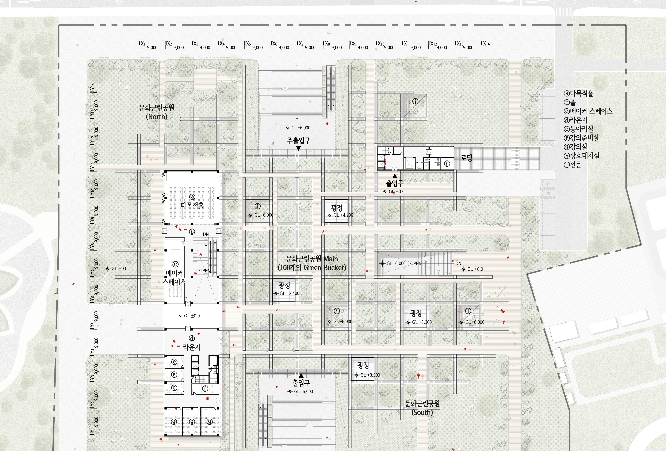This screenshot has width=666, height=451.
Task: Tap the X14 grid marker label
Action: point(486,44)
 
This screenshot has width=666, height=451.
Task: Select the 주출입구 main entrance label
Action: point(298,141)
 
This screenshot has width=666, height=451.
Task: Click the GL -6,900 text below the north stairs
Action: point(301,128)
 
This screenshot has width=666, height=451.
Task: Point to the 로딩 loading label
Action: point(466,158)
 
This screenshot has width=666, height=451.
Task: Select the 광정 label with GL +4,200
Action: point(337,208)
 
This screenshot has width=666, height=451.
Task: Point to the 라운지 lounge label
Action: point(192,347)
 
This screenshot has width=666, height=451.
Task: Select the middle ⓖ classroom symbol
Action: point(192,421)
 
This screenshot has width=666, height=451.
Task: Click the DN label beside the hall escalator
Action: point(206,234)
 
